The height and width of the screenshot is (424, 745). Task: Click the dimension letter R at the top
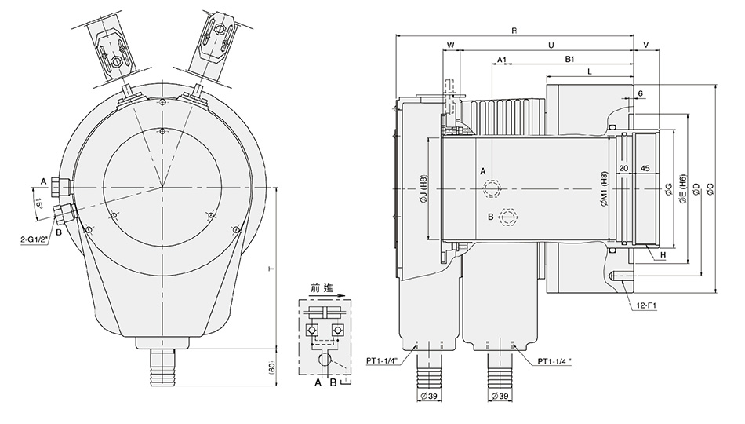point(514,31)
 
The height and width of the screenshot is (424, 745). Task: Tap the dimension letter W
point(450,46)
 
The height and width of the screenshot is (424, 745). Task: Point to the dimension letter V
point(645,46)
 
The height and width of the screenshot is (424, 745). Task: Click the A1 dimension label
point(503,60)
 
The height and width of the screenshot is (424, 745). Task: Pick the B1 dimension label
point(571,60)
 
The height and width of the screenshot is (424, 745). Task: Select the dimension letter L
point(588,72)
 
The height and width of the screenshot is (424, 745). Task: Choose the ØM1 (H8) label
point(603,189)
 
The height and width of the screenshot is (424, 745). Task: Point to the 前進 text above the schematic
point(323,288)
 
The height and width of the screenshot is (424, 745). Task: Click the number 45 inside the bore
point(645,168)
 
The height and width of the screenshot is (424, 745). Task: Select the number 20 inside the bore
point(623,168)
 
